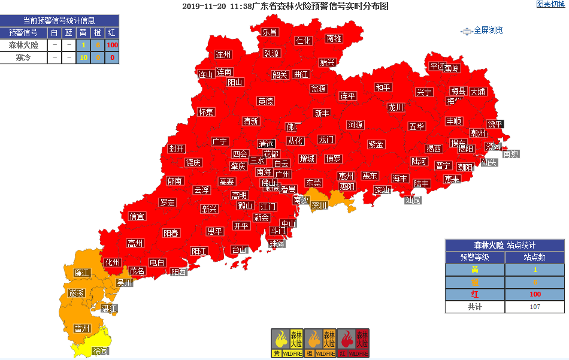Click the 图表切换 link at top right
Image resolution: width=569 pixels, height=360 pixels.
550,5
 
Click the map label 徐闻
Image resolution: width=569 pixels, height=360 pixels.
100,352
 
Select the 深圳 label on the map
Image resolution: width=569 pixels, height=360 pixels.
319,205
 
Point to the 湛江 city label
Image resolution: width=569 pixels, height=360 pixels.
109,308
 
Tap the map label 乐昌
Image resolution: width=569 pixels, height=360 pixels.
270,32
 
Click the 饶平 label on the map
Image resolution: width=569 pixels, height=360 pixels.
495,124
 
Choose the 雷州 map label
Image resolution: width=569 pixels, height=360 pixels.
81,328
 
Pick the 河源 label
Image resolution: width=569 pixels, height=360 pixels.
355,125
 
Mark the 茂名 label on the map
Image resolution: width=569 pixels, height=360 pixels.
137,271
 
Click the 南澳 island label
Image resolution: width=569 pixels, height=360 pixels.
510,154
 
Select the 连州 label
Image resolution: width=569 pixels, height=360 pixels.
223,55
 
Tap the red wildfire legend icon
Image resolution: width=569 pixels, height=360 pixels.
353,343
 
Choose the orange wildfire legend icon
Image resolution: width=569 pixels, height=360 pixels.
320,343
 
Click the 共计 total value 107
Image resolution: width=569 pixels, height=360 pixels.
534,306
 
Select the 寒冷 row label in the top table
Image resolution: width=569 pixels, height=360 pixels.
23,58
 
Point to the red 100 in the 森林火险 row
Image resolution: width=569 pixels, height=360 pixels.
112,45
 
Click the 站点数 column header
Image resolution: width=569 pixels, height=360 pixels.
534,258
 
